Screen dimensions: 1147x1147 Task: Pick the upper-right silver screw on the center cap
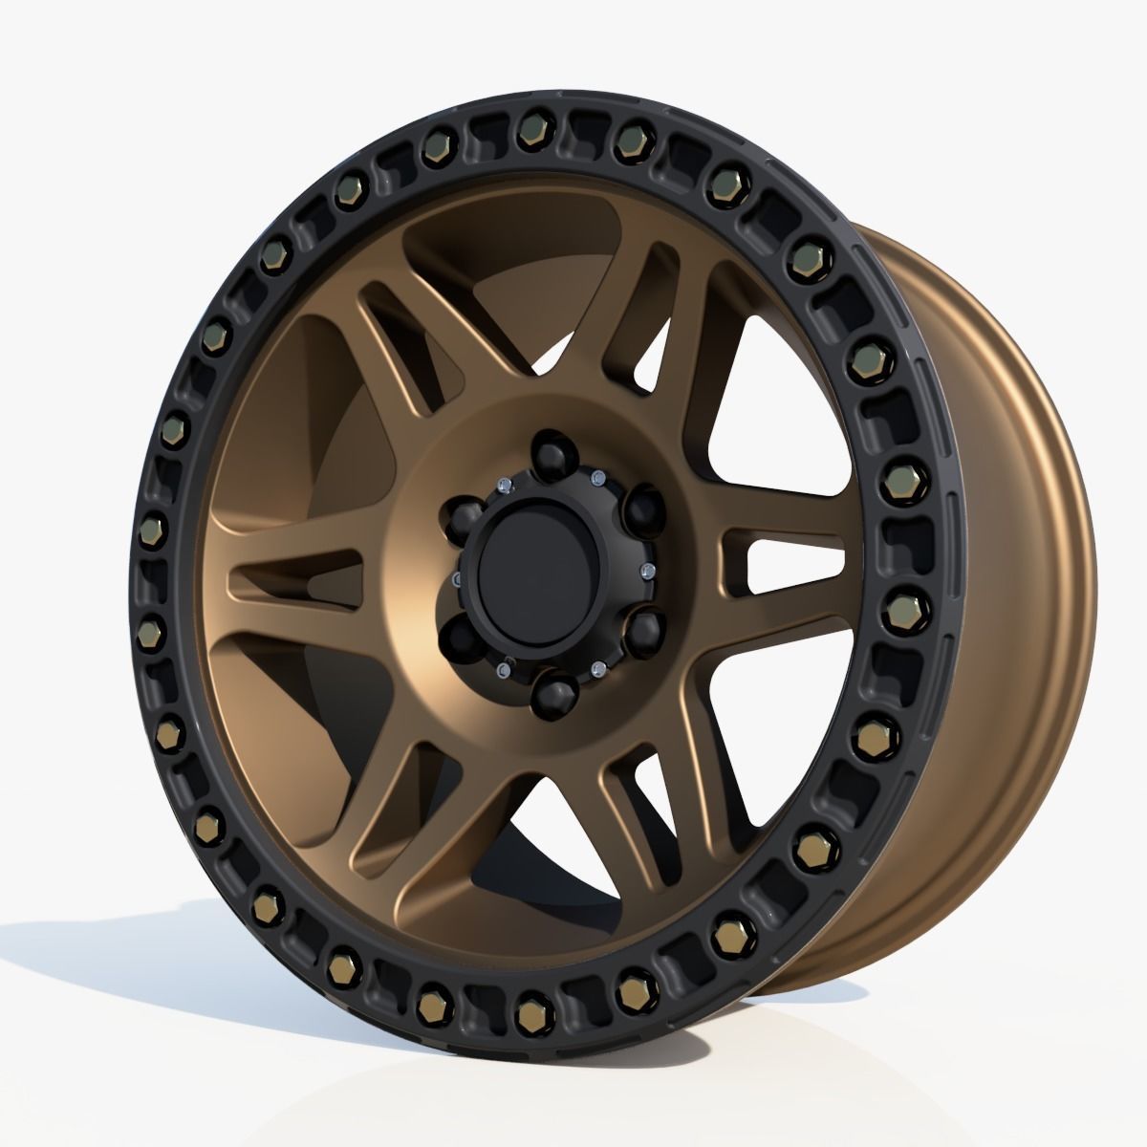[597, 475]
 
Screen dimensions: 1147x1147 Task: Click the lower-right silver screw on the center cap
[597, 666]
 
